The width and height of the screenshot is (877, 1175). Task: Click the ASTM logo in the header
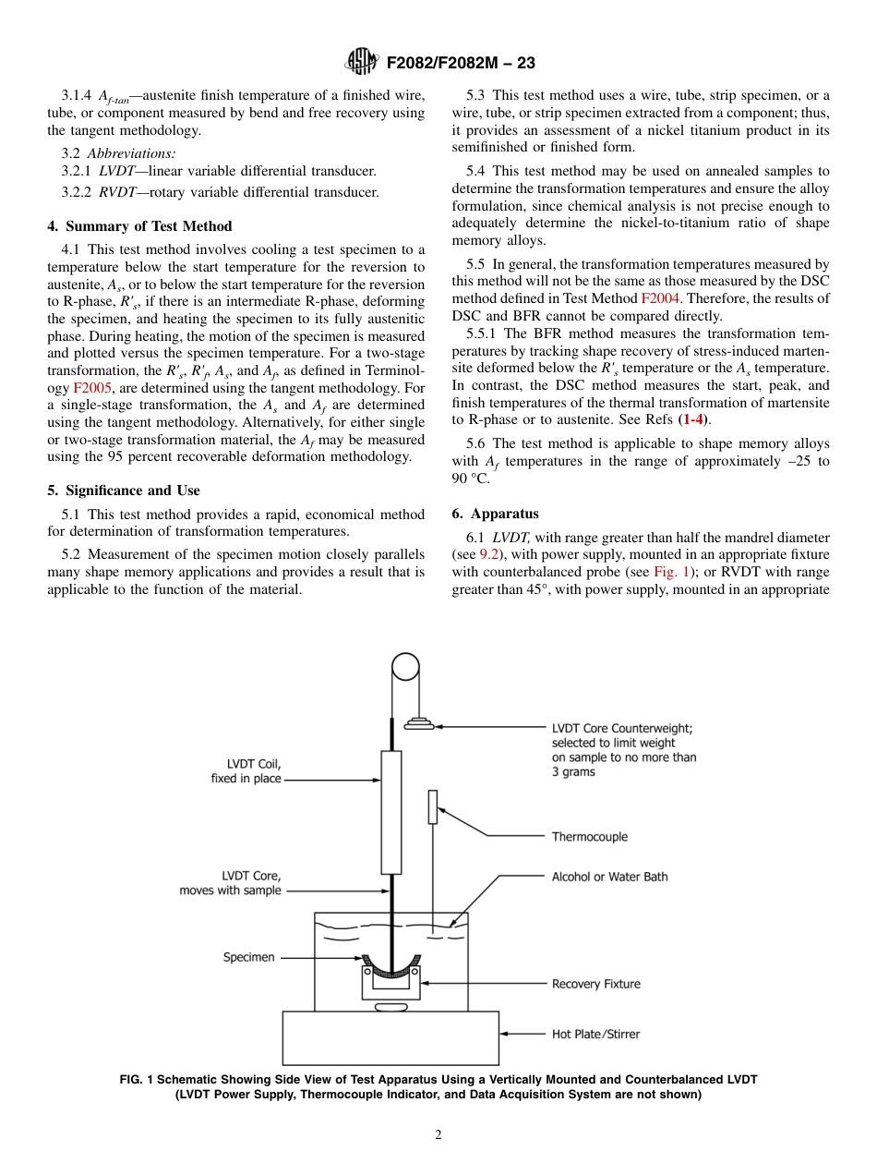(x=361, y=62)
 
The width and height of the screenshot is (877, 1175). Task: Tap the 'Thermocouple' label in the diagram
(x=589, y=837)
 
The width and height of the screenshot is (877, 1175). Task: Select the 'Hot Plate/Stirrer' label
(x=595, y=1034)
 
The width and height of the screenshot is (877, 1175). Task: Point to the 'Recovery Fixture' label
(x=595, y=984)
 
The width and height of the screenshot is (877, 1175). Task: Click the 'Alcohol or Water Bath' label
(x=609, y=877)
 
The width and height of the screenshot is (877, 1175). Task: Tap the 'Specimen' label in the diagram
(x=248, y=957)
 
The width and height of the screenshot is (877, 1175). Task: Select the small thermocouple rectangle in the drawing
(x=432, y=806)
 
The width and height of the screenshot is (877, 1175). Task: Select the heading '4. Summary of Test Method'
(x=139, y=226)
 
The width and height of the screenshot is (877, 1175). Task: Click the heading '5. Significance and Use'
(x=124, y=491)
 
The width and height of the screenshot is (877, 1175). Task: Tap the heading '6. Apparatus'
(x=495, y=514)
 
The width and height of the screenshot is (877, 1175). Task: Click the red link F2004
(x=657, y=298)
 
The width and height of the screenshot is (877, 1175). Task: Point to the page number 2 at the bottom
(x=438, y=1135)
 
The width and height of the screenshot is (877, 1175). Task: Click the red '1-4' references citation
(x=694, y=419)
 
